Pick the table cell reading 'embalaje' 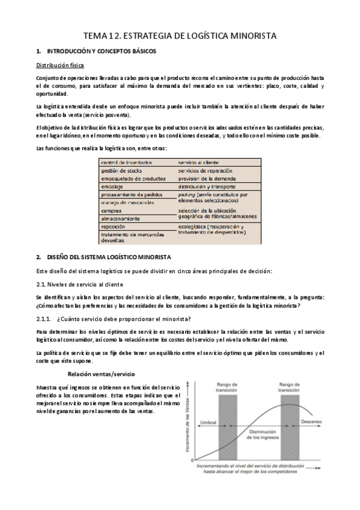click(x=112, y=186)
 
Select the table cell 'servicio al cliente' click(x=198, y=163)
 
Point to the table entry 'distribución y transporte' click(x=209, y=186)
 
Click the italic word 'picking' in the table click(x=188, y=194)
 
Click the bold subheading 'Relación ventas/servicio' click(x=101, y=373)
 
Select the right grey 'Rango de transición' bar click(x=289, y=421)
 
